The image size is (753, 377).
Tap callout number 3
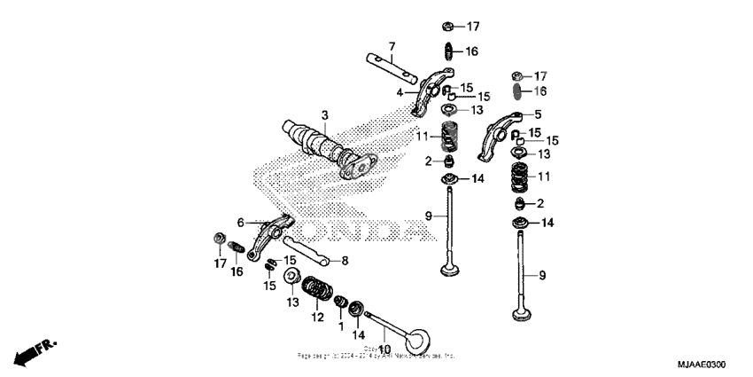click(325, 115)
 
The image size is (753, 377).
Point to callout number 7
click(391, 45)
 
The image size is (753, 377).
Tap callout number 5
click(537, 115)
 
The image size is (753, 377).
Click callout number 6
click(240, 223)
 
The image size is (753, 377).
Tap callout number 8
click(345, 261)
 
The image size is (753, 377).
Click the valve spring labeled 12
click(314, 290)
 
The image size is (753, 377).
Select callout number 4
click(400, 92)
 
